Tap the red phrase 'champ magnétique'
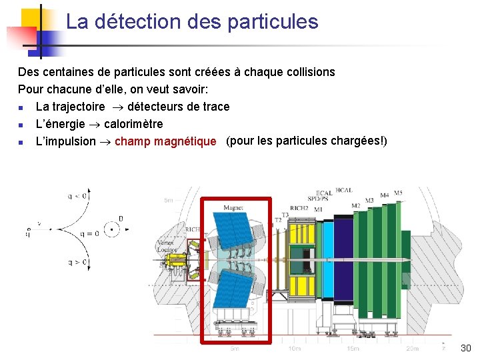pyautogui.click(x=165, y=141)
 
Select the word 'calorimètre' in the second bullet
pyautogui.click(x=133, y=124)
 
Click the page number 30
pyautogui.click(x=465, y=348)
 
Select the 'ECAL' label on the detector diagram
pyautogui.click(x=325, y=193)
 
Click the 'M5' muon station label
pyautogui.click(x=398, y=193)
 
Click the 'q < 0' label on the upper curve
pyautogui.click(x=77, y=196)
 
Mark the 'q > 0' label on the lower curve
pyautogui.click(x=78, y=263)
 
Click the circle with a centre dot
pyautogui.click(x=112, y=230)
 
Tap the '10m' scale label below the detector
pyautogui.click(x=293, y=349)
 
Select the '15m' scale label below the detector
pyautogui.click(x=353, y=349)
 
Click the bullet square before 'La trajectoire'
pyautogui.click(x=21, y=107)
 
